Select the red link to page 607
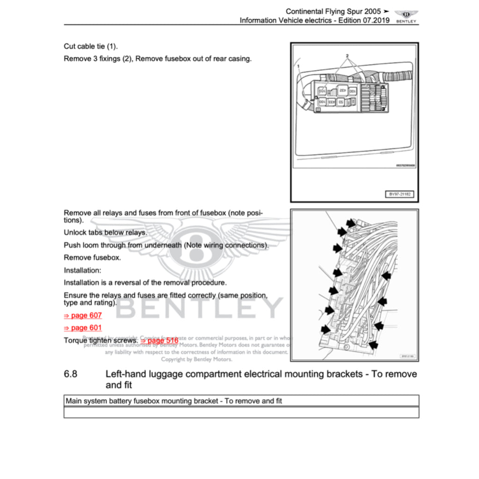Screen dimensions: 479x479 click(x=83, y=316)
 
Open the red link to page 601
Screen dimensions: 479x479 click(x=83, y=328)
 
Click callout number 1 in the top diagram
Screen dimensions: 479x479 click(x=298, y=66)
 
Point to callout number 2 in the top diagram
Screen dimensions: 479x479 click(x=347, y=56)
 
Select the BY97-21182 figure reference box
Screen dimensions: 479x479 click(x=399, y=194)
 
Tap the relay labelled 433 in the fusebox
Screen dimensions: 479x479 click(x=331, y=102)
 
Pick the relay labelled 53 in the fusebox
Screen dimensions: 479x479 click(x=341, y=102)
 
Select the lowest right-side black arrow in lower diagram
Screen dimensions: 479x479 click(x=373, y=345)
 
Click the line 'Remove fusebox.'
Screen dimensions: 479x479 click(x=92, y=258)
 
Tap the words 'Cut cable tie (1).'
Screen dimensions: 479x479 click(x=91, y=46)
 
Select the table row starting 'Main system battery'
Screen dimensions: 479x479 click(x=241, y=401)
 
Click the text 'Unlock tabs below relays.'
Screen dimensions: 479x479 click(x=105, y=232)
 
